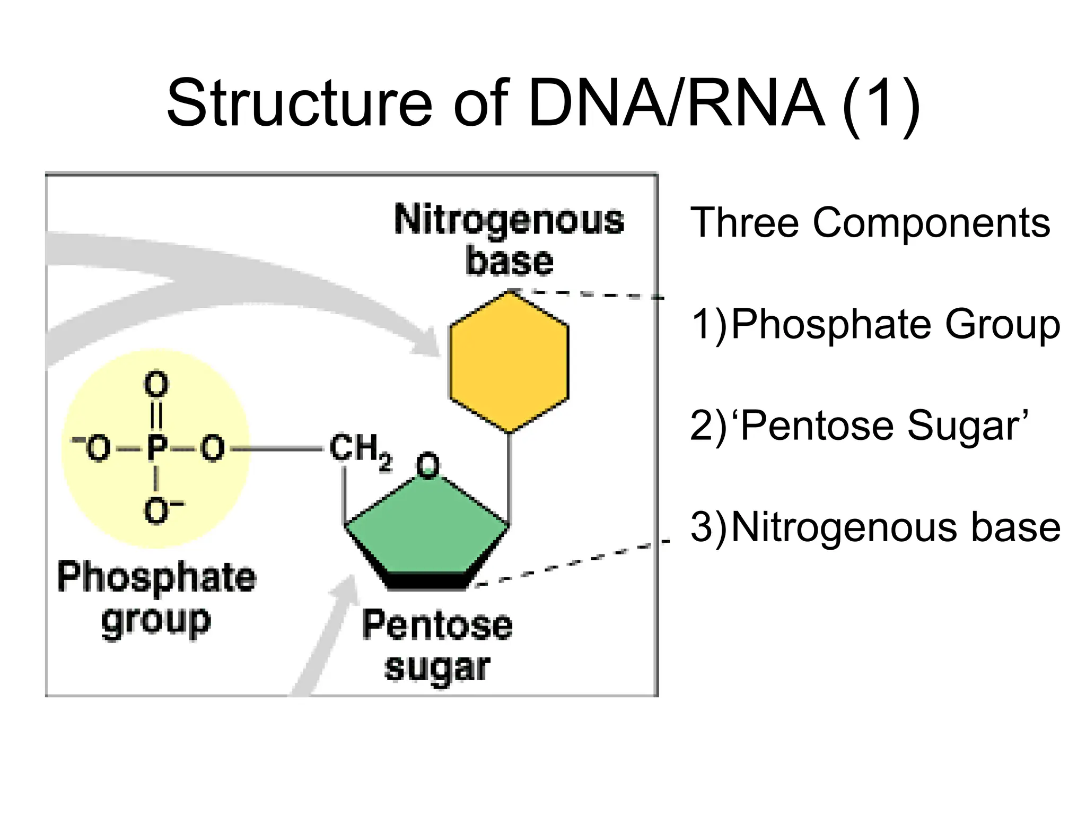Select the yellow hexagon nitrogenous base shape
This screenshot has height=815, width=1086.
509,362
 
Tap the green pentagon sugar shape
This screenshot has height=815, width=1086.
427,531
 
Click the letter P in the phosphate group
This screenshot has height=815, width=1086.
157,449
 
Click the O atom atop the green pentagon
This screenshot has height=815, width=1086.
427,465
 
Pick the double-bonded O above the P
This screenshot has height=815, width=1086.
156,385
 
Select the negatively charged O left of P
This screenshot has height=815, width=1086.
97,449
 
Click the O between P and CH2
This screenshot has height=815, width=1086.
213,449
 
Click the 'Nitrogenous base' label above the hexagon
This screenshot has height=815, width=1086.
509,240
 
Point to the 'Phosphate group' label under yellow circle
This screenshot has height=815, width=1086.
156,599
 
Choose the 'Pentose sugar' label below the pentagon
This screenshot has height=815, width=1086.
437,645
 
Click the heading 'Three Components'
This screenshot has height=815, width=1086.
870,223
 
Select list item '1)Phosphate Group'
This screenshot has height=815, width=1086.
875,325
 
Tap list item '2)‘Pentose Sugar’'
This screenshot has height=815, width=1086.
859,426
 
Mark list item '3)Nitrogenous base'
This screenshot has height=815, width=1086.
875,528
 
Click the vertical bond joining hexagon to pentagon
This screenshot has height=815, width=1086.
509,478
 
